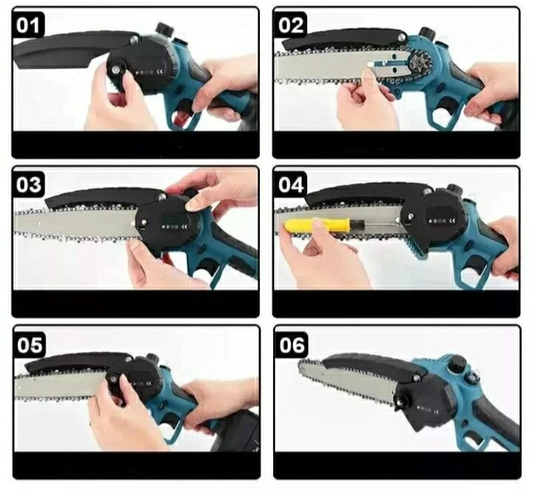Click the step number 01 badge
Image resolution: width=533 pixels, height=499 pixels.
29,25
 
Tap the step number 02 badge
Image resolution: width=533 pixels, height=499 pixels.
290,25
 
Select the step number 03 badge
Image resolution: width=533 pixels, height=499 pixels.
29,184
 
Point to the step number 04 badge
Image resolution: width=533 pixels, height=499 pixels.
290,184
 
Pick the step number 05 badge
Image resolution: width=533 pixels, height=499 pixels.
30,344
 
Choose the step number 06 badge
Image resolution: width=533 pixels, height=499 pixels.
292,344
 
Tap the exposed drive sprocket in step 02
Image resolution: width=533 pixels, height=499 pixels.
418,63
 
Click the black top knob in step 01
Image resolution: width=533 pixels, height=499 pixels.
164,30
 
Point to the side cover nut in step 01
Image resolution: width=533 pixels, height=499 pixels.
117,69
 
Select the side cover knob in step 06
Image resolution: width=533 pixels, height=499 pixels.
399,403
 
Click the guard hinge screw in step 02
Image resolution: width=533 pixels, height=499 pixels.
403,38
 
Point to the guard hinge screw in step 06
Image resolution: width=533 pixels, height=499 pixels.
415,377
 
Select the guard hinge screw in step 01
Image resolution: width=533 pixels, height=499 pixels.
135,40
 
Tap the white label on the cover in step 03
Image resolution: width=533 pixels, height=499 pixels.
175,226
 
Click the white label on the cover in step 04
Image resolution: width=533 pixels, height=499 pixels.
441,221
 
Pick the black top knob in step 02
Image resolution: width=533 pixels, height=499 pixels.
426,33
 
